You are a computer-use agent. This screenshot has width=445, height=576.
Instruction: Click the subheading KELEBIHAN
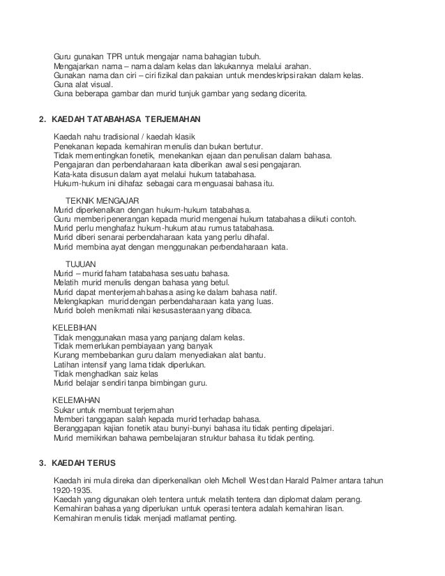[75, 327]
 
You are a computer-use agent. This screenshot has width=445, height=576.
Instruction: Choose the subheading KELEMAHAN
[77, 400]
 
